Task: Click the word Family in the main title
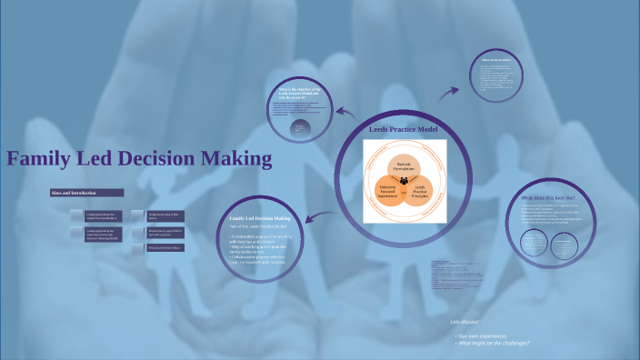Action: (x=40, y=159)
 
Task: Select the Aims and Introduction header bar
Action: (x=86, y=193)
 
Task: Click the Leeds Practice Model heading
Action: (x=403, y=130)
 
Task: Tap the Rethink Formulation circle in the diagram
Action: (x=403, y=166)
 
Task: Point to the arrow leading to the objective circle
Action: (x=345, y=112)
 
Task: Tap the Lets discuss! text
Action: (x=465, y=322)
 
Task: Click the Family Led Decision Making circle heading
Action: (x=260, y=218)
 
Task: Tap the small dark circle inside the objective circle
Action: (x=300, y=130)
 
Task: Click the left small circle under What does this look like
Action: (x=534, y=242)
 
